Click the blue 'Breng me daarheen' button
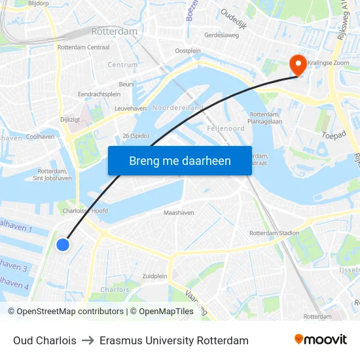coord(179,160)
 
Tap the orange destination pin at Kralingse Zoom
coord(298,64)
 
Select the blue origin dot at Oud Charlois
coord(63,244)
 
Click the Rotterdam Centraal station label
coord(83,47)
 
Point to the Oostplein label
coord(187,51)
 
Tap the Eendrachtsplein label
coord(99,94)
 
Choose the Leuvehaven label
coord(130,108)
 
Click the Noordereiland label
coord(177,107)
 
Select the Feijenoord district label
coord(225,128)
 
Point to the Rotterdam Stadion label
coord(274,233)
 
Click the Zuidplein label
coord(154,276)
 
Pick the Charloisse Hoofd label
coord(85,211)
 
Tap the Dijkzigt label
coord(70,120)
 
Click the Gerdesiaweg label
coord(222,35)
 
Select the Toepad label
coord(333,136)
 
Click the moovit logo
coord(320,340)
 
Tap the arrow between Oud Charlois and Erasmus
coord(88,341)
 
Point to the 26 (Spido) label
coord(135,136)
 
